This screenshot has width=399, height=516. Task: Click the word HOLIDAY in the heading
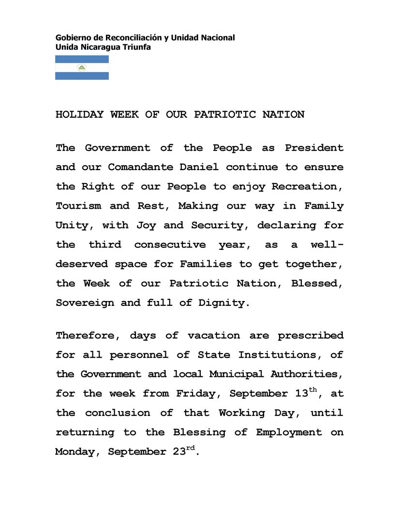point(79,115)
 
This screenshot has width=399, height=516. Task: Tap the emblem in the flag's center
point(82,68)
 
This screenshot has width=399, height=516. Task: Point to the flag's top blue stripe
point(82,59)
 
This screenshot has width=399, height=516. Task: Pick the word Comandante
point(141,167)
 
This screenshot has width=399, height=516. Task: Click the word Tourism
point(78,206)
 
